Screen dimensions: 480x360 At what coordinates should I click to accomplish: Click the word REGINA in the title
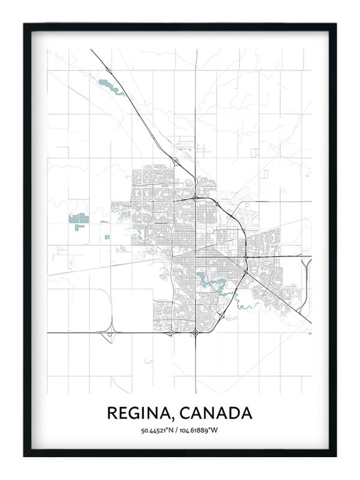click(x=137, y=413)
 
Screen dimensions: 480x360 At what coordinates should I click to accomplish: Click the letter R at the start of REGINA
click(x=112, y=413)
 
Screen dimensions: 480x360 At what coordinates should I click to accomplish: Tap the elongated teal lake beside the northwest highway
click(x=111, y=86)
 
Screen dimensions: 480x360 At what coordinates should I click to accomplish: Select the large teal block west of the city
click(x=77, y=221)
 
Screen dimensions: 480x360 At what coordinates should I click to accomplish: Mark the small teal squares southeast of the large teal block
click(x=107, y=237)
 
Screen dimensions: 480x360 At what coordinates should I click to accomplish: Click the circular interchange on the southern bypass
click(x=196, y=332)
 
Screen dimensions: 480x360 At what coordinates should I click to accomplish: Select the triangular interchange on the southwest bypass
click(x=109, y=334)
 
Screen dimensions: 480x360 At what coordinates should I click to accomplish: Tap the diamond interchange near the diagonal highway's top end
click(x=109, y=71)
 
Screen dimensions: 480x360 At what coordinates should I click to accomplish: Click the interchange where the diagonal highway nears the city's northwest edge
click(x=175, y=160)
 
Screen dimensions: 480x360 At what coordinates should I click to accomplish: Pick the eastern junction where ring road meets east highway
click(x=246, y=257)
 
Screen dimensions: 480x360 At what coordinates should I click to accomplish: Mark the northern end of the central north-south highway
click(x=196, y=50)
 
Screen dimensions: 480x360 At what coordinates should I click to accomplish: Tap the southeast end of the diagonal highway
click(x=310, y=322)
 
